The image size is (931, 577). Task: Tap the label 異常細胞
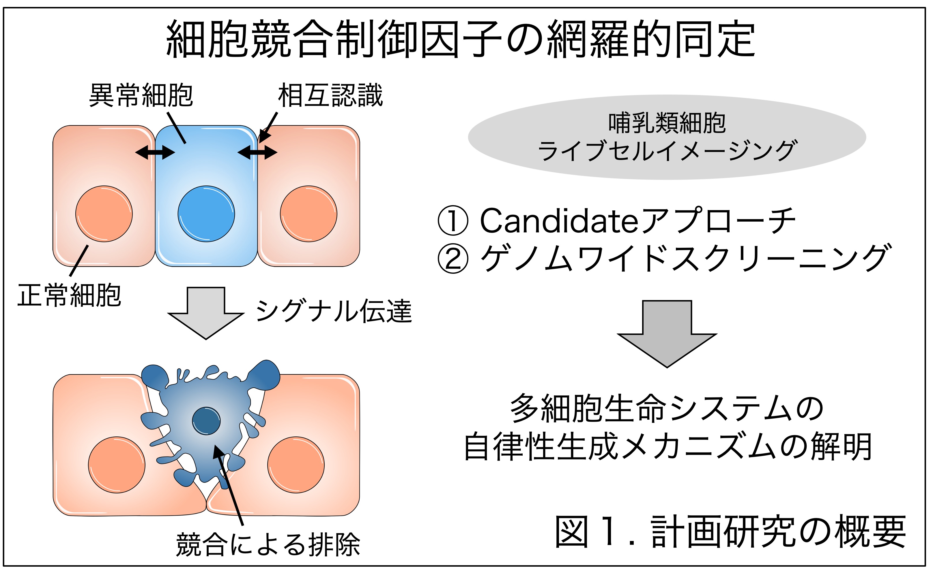pos(141,95)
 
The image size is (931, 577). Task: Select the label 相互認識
pos(330,95)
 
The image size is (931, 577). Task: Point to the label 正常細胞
pos(69,295)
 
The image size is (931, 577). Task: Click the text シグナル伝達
pos(334,311)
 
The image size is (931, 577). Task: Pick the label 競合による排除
pos(268,544)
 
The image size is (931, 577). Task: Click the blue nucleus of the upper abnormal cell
pos(206,214)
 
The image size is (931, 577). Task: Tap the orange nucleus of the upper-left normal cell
pos(104,214)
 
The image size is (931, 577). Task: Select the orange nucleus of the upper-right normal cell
pos(309,214)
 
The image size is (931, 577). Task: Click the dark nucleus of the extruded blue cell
pos(206,421)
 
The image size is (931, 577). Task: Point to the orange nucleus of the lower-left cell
pos(117,465)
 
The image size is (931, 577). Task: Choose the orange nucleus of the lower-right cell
pos(296,465)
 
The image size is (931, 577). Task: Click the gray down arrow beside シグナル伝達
pos(206,313)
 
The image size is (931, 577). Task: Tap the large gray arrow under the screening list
pos(667,334)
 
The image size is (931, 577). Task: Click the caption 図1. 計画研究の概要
pos(730,531)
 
